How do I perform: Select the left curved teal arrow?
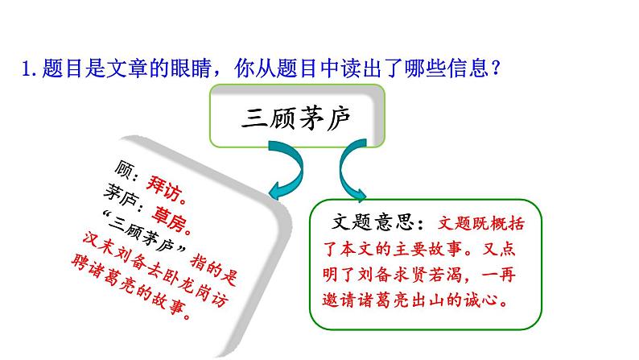click(287, 169)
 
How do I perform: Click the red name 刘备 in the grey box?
click(137, 258)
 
